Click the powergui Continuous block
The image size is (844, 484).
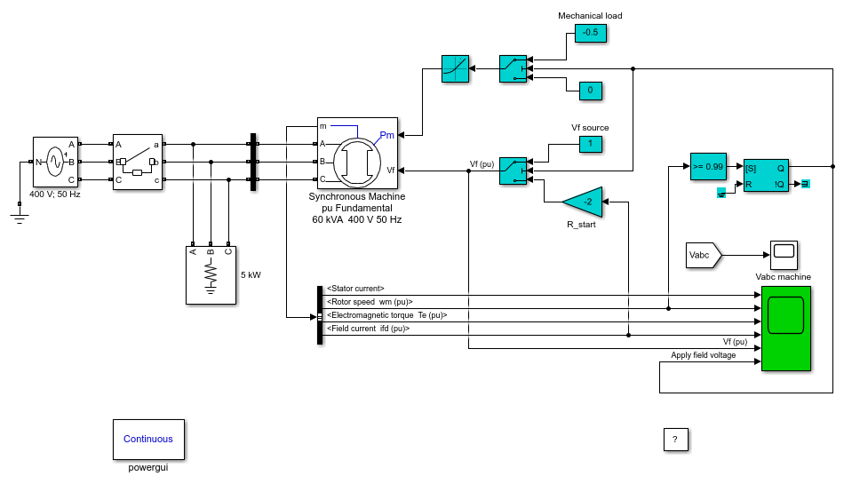[x=148, y=440]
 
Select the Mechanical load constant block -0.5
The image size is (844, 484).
[x=591, y=33]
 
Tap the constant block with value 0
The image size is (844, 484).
[x=591, y=91]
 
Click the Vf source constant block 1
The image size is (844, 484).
[x=591, y=144]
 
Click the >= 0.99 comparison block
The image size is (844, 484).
[x=708, y=167]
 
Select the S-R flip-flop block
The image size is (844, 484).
[x=766, y=175]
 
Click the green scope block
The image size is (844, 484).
[x=786, y=329]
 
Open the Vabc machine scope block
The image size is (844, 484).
[x=784, y=255]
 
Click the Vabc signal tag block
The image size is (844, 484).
[x=704, y=255]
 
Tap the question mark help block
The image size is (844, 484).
[x=675, y=440]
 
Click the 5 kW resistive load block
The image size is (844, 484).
[x=211, y=275]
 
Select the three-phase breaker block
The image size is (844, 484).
[x=138, y=162]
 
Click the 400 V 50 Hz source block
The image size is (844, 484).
[x=55, y=162]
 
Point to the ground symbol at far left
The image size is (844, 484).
[x=20, y=218]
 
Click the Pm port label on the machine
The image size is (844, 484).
[x=387, y=135]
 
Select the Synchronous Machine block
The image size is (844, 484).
[x=357, y=154]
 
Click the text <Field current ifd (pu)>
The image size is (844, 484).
[x=368, y=329]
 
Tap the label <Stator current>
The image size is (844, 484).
[x=355, y=289]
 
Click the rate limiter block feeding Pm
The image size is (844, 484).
[x=456, y=69]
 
